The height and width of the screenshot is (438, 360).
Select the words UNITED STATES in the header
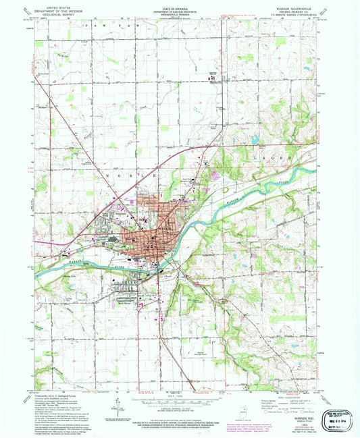(x=55, y=5)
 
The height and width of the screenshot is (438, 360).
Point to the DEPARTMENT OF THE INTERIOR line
(x=55, y=8)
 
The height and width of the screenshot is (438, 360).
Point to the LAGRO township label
(x=284, y=157)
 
